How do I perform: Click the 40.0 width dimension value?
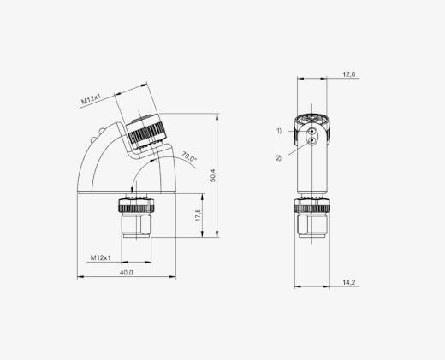tap(126, 272)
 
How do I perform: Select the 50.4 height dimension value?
tap(213, 175)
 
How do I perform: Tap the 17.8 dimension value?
tap(198, 215)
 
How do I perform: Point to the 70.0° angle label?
tap(189, 156)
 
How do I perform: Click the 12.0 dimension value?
tap(349, 74)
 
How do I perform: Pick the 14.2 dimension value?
tap(349, 282)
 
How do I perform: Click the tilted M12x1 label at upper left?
tap(92, 98)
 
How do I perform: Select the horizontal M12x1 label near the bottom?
tap(100, 257)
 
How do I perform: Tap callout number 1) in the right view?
tap(279, 131)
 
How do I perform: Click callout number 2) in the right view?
tap(278, 157)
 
